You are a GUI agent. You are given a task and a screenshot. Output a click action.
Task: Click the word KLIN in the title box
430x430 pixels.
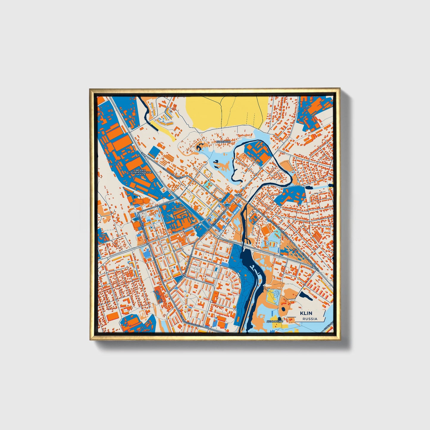click(306, 313)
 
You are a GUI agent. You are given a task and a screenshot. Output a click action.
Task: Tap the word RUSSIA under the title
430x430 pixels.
click(310, 319)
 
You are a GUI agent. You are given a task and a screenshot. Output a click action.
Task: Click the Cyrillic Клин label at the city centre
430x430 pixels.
click(238, 195)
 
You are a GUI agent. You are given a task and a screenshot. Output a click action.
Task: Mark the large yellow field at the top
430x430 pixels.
click(226, 110)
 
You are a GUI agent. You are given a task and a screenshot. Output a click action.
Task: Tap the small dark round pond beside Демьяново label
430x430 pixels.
click(280, 319)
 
